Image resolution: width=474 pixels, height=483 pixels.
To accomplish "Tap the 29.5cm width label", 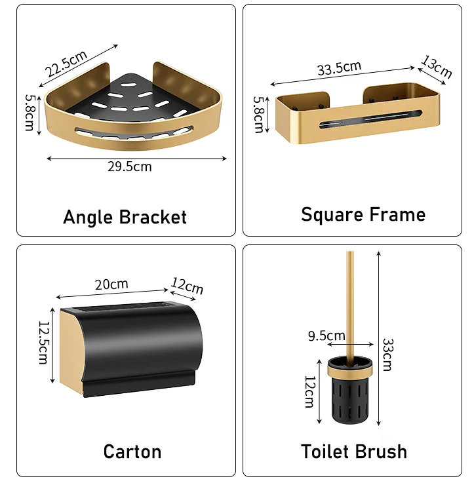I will coord(129,166).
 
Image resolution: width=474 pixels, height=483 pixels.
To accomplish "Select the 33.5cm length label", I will coord(339,68).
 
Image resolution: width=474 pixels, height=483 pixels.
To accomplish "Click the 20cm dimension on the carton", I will coord(111,284).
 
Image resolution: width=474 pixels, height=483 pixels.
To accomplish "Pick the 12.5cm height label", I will coord(43,342).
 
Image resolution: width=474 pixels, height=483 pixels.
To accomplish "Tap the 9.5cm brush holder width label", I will coord(326,336).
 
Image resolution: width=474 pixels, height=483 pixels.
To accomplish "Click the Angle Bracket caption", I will coord(125,217).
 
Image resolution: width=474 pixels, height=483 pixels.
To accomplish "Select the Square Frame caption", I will coord(363,214).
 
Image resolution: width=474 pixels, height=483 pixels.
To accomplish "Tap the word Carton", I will coord(132,451).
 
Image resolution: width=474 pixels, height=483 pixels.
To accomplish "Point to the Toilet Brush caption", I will coord(354,451).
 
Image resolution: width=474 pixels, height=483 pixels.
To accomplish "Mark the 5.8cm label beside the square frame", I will coord(258,115).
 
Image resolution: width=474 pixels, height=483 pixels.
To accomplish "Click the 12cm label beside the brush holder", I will coord(309,392).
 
